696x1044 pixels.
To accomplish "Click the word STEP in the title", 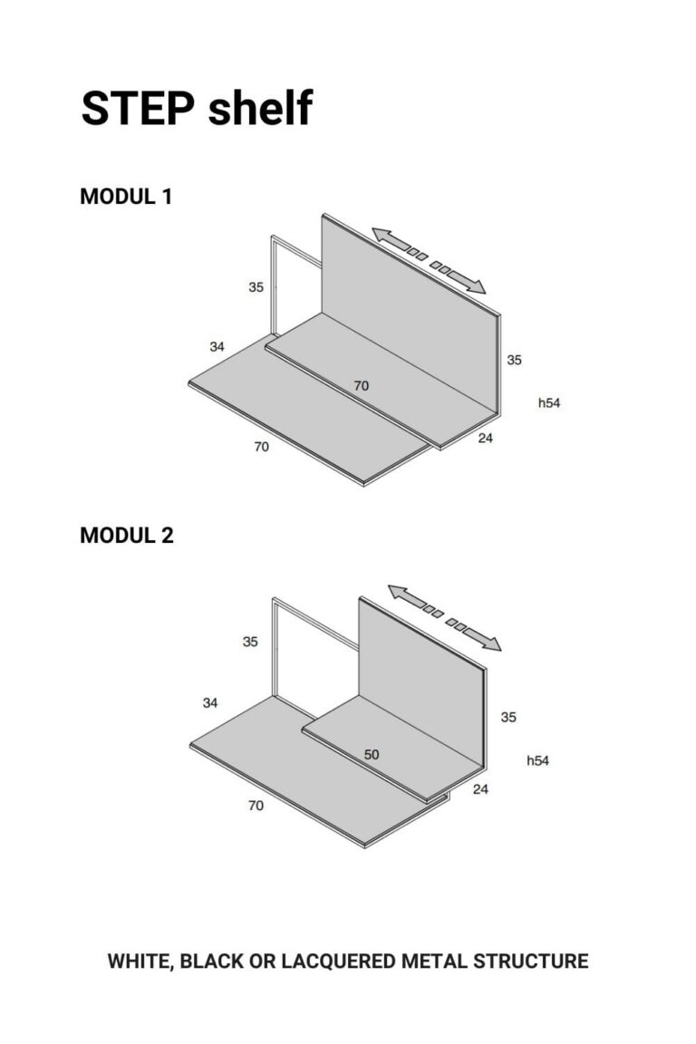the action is tap(138, 108).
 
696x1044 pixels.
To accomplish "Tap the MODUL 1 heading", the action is tap(126, 197).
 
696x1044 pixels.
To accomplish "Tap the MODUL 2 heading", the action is tap(127, 535).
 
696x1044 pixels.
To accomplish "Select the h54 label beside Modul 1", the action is tap(549, 402).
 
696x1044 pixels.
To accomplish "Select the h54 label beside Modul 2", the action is tap(537, 760).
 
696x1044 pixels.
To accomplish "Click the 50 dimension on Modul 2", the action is tap(372, 754).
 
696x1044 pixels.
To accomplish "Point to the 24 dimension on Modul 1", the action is tap(486, 438).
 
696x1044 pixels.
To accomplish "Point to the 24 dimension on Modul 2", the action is tap(480, 789).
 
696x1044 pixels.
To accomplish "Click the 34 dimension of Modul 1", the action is tap(217, 347).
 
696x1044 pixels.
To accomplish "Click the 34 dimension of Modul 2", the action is tap(210, 702).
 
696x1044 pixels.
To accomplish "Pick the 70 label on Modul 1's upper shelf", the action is tap(361, 385).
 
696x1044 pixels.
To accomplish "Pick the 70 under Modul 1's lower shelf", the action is tap(262, 447).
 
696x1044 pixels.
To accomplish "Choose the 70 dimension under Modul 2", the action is tap(256, 806).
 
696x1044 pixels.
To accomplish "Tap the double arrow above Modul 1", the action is tap(429, 260).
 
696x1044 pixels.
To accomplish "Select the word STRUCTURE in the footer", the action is tap(531, 962).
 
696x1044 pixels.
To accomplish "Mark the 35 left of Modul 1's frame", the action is tap(256, 287).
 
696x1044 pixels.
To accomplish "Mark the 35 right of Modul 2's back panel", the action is tap(508, 717).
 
